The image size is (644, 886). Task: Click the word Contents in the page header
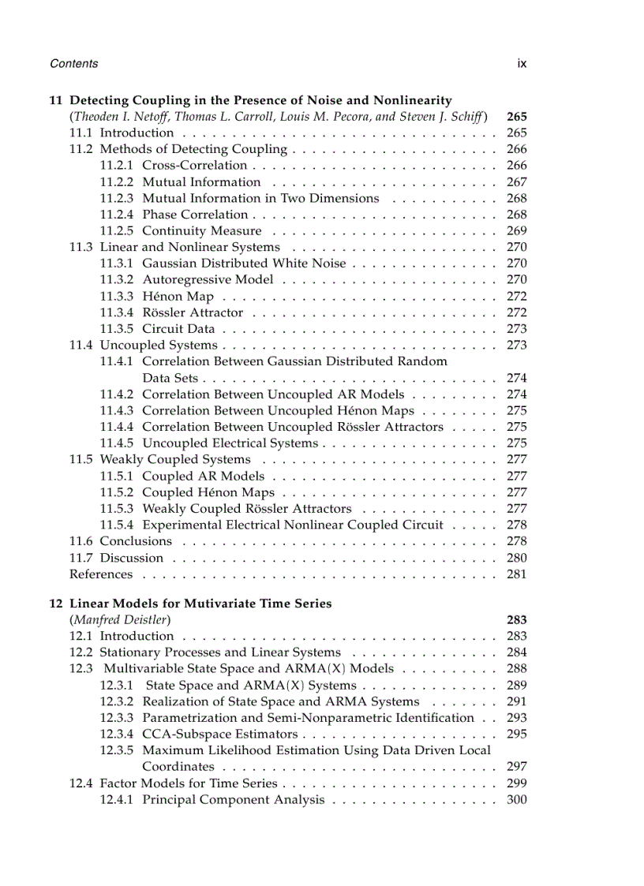click(73, 64)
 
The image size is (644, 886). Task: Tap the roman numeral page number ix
click(522, 64)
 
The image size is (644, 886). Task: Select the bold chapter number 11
click(55, 100)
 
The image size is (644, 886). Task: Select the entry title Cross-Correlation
click(195, 166)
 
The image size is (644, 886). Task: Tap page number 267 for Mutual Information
click(516, 182)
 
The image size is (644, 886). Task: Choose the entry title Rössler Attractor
click(193, 313)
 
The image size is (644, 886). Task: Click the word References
click(101, 574)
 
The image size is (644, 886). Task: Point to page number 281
click(516, 574)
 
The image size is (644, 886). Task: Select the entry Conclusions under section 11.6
click(136, 541)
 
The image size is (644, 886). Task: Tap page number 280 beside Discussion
click(516, 558)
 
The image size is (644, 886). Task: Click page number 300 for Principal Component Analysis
click(516, 800)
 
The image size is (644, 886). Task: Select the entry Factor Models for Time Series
click(189, 783)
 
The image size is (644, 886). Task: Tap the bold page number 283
click(516, 620)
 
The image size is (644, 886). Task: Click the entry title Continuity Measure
click(202, 231)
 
